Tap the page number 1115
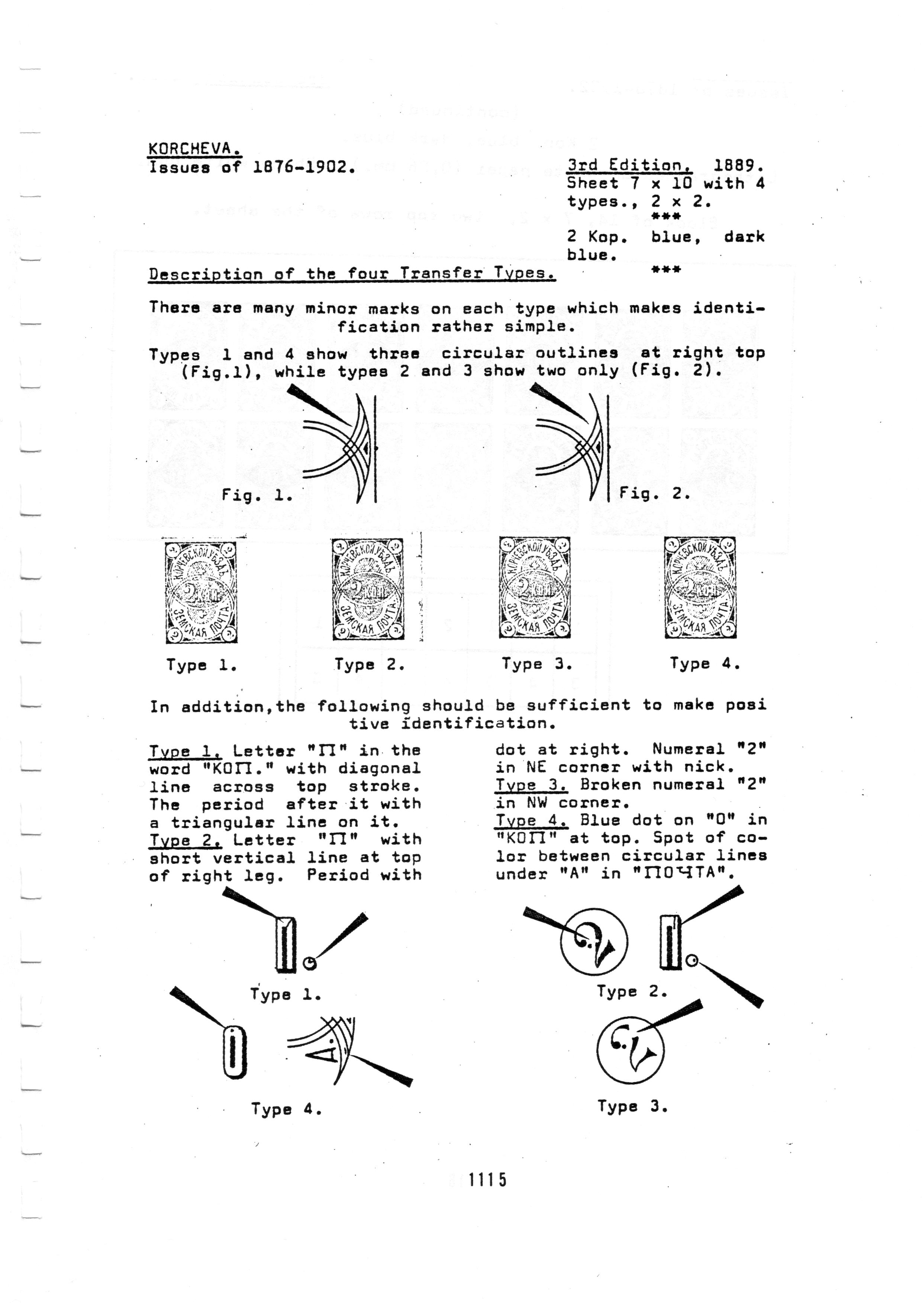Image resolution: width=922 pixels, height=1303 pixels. tap(487, 1180)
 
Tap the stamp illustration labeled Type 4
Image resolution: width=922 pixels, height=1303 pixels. tap(700, 588)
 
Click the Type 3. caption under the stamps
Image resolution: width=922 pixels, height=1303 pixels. tap(536, 664)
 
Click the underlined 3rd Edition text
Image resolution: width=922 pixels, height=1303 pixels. tap(629, 166)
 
